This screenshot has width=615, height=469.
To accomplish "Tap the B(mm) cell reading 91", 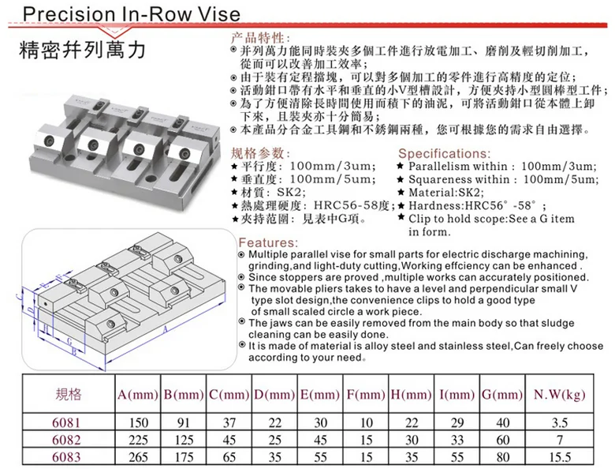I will (183, 422).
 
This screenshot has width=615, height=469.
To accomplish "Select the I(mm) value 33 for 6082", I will (456, 440).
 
